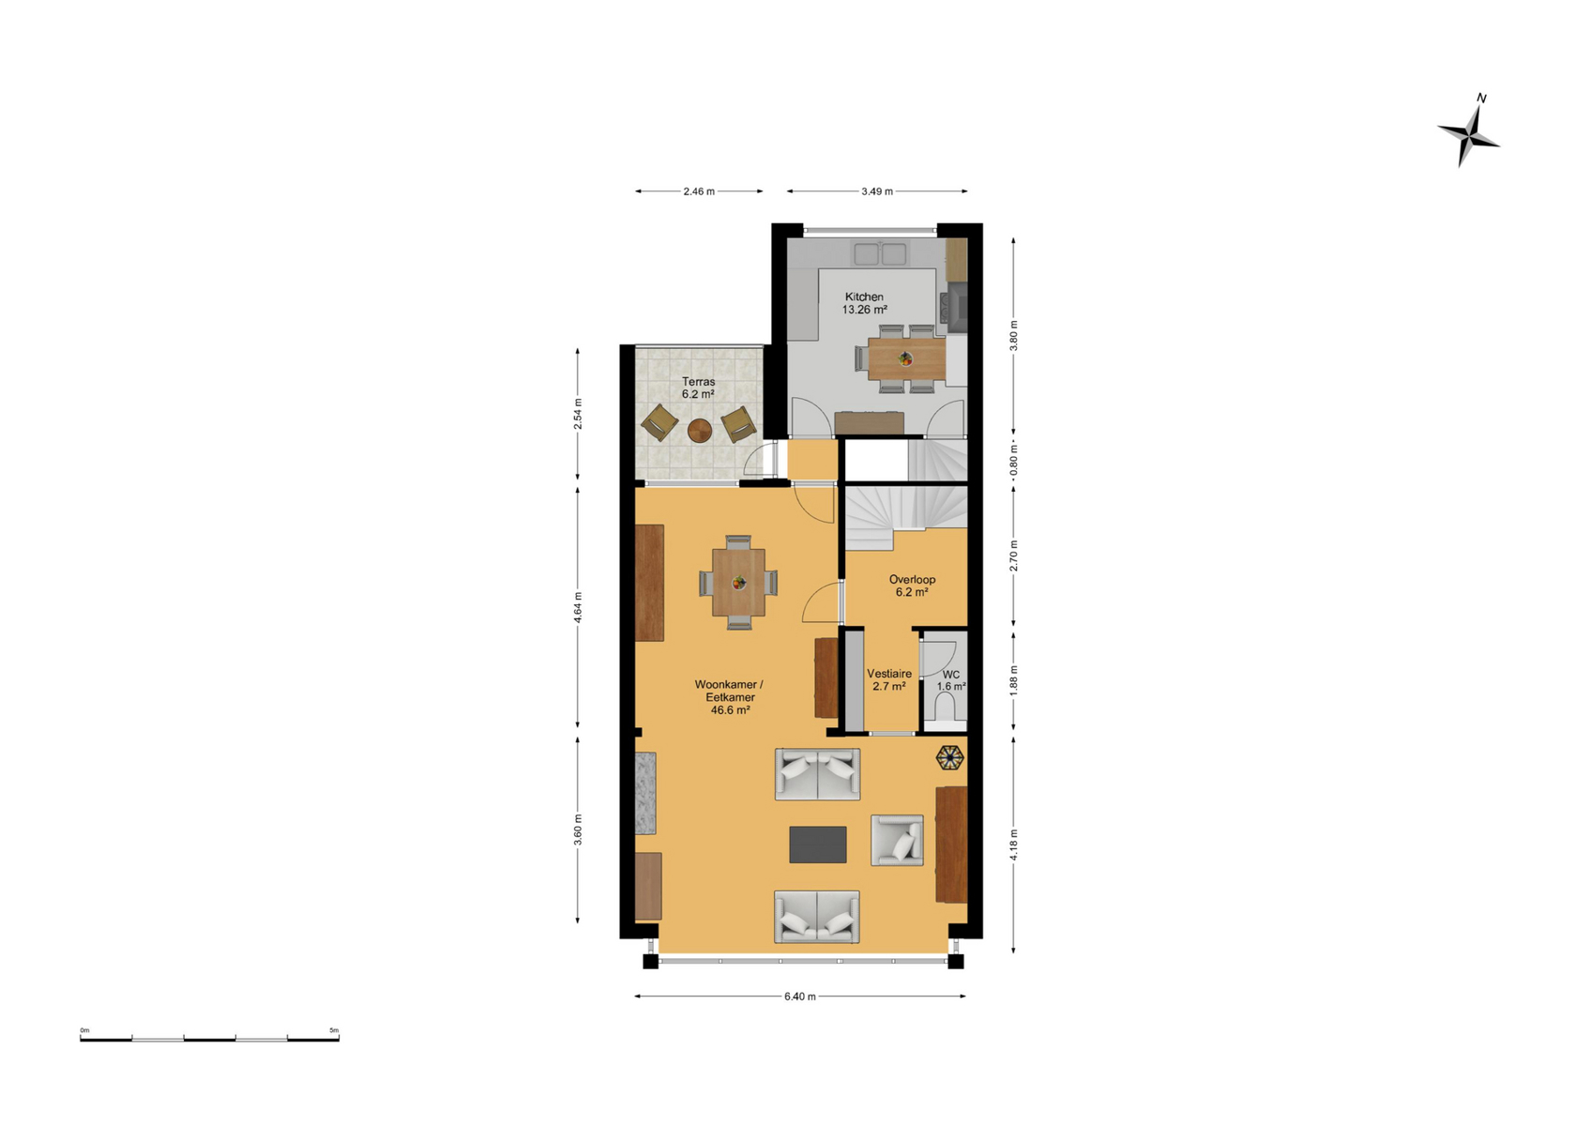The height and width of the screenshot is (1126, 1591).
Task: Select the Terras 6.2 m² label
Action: coord(698,388)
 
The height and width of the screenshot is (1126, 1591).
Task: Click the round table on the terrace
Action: coord(699,430)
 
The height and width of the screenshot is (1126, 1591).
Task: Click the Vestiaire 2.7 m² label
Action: coord(889,680)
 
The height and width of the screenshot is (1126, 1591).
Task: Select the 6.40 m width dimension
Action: coord(800,996)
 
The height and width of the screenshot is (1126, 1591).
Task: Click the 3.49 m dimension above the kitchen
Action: coord(877,191)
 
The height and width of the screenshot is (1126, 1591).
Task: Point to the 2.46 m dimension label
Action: coord(699,191)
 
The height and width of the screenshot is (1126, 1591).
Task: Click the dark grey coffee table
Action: coord(817,844)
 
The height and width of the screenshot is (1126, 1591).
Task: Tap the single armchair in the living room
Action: coord(897,840)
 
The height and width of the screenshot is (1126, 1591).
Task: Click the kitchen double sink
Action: coord(881,253)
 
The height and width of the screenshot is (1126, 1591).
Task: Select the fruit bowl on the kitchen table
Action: coord(905,358)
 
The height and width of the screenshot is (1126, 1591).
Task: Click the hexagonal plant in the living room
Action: coord(949,757)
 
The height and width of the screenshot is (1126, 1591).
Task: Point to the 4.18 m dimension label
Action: coord(1013,844)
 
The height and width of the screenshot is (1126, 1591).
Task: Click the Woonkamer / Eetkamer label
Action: coord(730,697)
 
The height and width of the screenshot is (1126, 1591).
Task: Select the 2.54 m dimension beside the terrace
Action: coord(578,414)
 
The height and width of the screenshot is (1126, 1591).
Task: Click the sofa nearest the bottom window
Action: coord(817,917)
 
